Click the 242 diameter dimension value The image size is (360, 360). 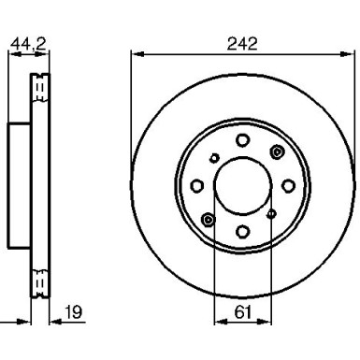pyautogui.click(x=242, y=44)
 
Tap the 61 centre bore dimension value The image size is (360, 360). pyautogui.click(x=243, y=312)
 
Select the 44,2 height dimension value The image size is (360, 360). pyautogui.click(x=28, y=43)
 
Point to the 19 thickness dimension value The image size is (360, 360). pyautogui.click(x=74, y=312)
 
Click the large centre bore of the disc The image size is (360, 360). pyautogui.click(x=243, y=185)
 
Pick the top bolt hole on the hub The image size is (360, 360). pyautogui.click(x=242, y=140)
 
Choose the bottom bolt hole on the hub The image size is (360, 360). pyautogui.click(x=242, y=231)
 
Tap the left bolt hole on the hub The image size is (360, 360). pyautogui.click(x=197, y=186)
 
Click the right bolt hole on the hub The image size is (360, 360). pyautogui.click(x=288, y=186)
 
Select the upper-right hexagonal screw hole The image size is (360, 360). pyautogui.click(x=277, y=151)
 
